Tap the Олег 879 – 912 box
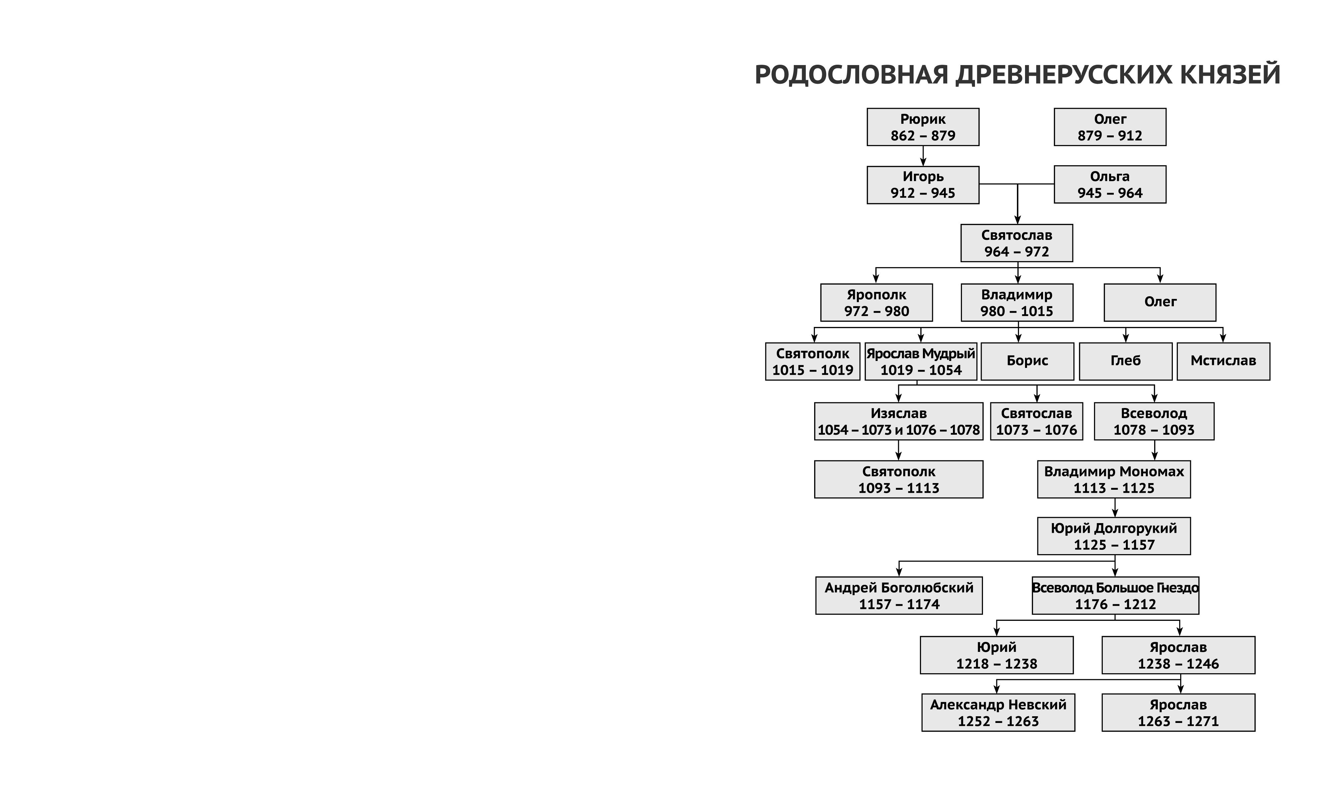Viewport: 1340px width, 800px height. [x=1109, y=127]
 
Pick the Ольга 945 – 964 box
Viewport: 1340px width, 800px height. [x=1109, y=184]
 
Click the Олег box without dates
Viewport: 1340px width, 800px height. [x=1159, y=303]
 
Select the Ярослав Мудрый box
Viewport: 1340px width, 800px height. [x=920, y=362]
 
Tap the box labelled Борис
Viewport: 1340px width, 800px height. [x=1027, y=362]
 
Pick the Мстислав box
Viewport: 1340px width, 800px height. [x=1223, y=362]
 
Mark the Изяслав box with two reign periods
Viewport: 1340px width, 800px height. [x=898, y=422]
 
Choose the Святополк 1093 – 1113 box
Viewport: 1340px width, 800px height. [x=898, y=479]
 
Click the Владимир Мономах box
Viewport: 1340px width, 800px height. [x=1114, y=479]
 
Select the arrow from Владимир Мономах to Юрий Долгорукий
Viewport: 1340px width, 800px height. [x=1115, y=508]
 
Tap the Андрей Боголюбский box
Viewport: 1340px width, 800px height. [x=899, y=596]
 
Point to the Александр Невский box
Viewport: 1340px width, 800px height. [x=998, y=713]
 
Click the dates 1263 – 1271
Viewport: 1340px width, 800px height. [x=1178, y=721]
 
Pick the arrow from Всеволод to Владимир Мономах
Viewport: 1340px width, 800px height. [x=1154, y=450]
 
